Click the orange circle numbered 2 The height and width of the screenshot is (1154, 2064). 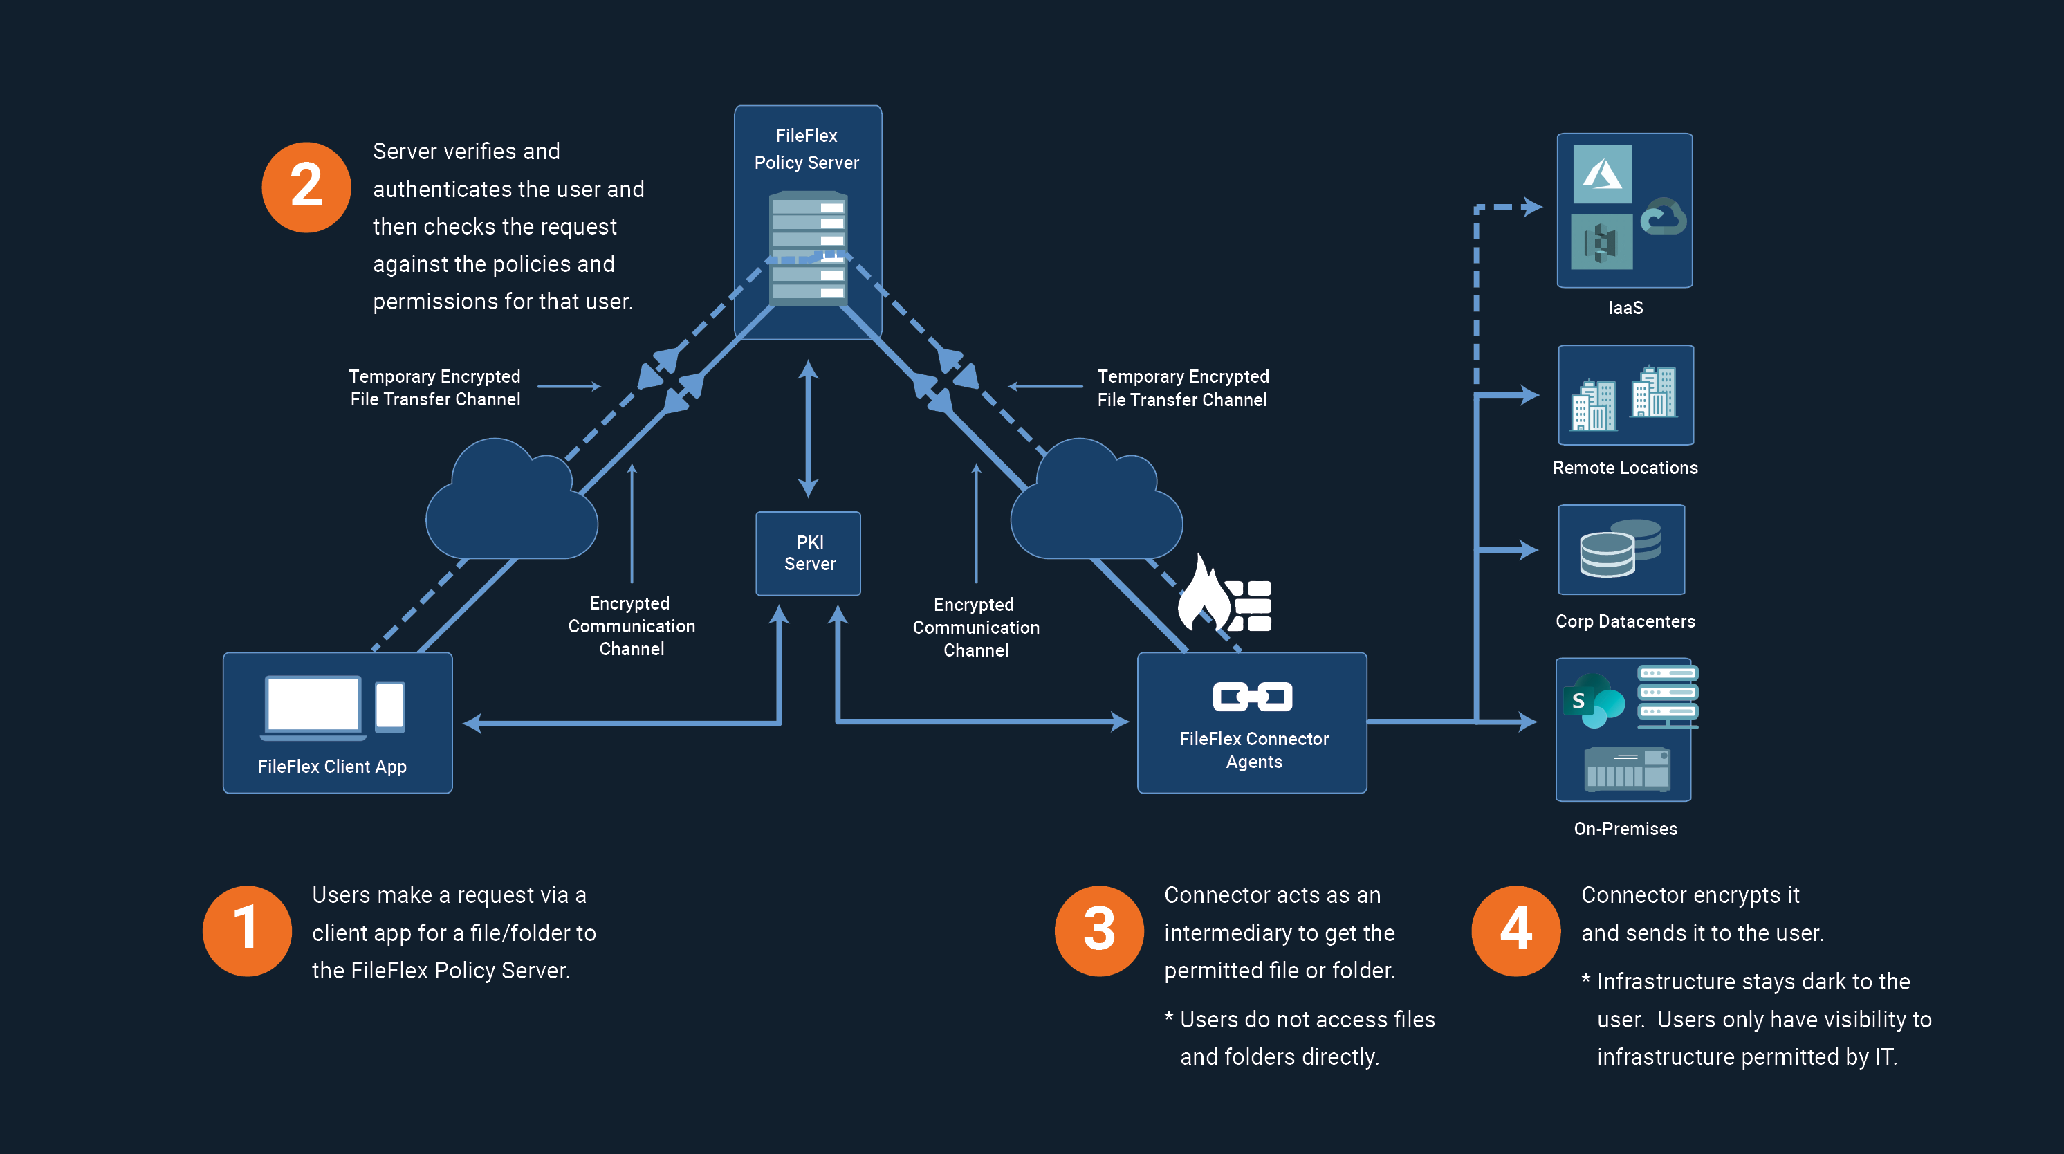(x=306, y=187)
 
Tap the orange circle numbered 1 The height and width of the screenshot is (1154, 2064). (x=247, y=931)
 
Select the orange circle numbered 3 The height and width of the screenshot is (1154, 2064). (x=1098, y=931)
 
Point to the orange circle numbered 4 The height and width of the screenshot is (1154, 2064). (x=1516, y=931)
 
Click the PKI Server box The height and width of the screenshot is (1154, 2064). (x=809, y=553)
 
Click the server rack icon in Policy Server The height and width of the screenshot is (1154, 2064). (x=808, y=248)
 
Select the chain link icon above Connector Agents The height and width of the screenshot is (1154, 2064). (x=1253, y=697)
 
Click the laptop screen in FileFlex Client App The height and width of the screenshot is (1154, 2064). (x=313, y=704)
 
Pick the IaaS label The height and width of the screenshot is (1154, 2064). (x=1625, y=308)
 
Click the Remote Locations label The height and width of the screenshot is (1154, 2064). (x=1625, y=467)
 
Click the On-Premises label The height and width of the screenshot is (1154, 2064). (x=1625, y=829)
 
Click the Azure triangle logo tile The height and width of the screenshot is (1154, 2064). (x=1603, y=174)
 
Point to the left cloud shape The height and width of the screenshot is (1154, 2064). (x=510, y=505)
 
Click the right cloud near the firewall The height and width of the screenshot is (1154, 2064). (x=1096, y=505)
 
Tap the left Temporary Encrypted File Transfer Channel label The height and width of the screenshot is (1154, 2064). (x=435, y=388)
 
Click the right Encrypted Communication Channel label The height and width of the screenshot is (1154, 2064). (x=976, y=628)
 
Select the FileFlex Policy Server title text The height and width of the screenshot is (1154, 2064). (x=807, y=149)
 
